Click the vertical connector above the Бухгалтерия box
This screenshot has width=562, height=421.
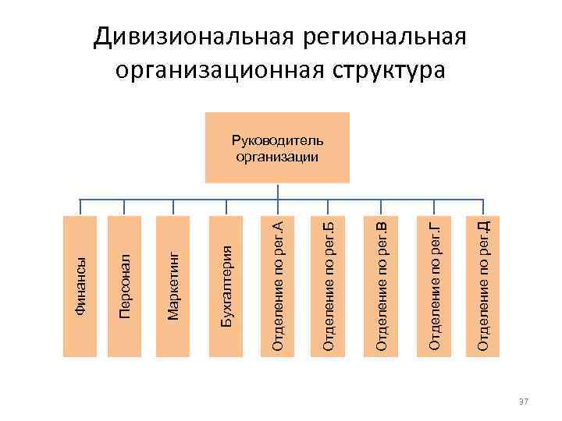(226, 207)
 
